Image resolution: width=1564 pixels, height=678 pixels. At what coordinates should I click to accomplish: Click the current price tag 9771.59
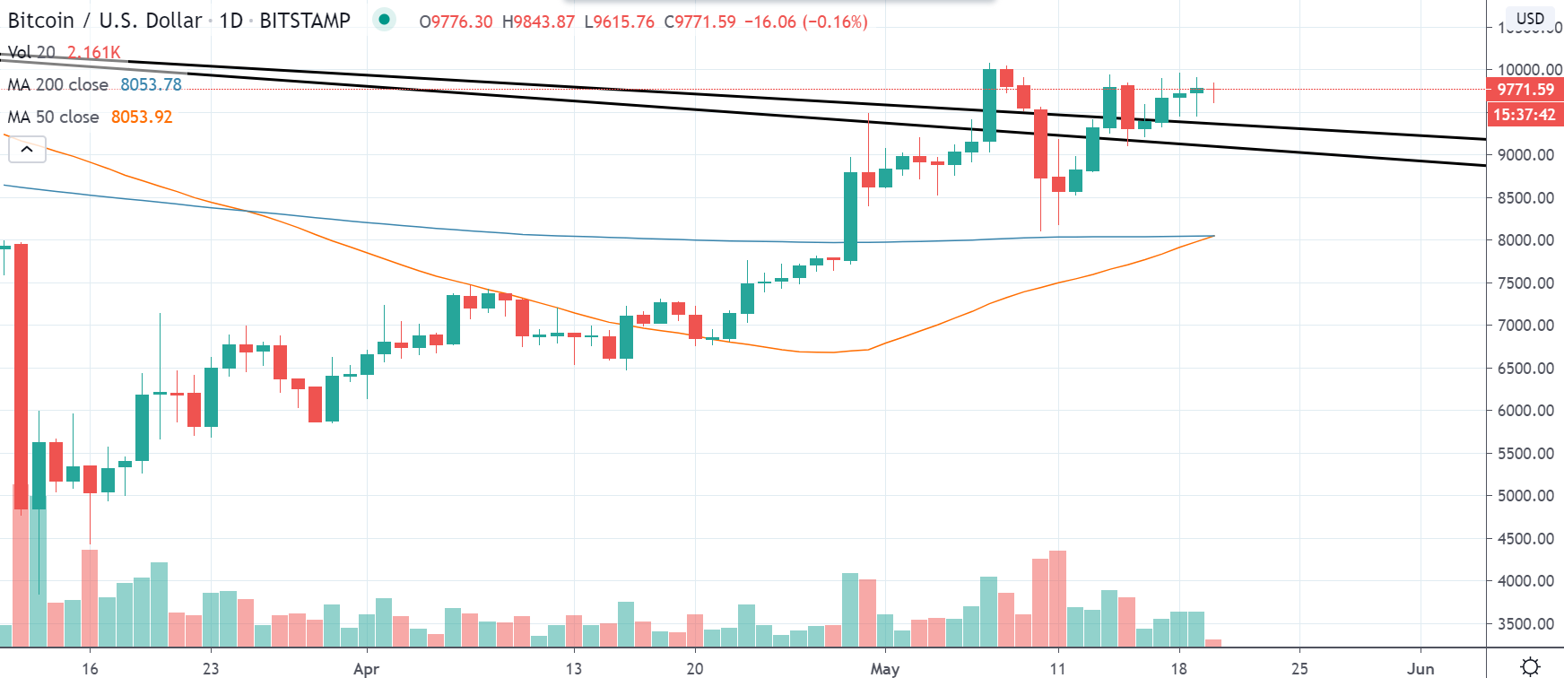coord(1525,89)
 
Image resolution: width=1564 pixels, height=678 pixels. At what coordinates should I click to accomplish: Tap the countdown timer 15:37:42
coord(1525,115)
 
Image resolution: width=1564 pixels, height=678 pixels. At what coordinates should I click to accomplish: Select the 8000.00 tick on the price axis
coord(1525,240)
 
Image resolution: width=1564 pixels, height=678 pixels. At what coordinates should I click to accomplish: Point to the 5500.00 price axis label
coord(1525,454)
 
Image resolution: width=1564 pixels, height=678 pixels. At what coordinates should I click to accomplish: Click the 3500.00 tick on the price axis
coord(1525,624)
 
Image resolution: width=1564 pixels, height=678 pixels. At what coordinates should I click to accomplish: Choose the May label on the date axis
coord(885,669)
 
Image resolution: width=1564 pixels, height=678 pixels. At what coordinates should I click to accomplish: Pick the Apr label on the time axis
coord(366,669)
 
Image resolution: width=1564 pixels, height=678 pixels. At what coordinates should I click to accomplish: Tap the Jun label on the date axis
coord(1421,669)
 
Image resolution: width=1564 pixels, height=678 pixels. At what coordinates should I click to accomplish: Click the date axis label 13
coord(574,669)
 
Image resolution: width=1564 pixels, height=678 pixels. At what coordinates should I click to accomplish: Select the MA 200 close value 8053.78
coord(151,84)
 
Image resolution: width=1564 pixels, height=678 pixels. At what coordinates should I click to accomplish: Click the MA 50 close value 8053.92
coord(142,117)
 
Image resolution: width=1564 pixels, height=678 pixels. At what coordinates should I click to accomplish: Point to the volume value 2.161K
coord(93,52)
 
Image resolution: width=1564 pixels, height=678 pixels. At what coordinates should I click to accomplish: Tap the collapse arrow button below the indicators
coord(27,150)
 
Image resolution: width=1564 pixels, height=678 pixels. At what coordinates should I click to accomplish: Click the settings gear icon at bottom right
coord(1531,666)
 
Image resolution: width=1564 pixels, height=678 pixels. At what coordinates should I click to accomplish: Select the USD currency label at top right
coord(1530,18)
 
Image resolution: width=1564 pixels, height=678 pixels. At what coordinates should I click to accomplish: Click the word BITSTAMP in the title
coord(305,21)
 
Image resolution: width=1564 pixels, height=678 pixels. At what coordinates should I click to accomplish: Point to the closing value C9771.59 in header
coord(699,22)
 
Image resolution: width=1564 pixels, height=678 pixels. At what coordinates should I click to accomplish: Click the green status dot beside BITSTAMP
coord(385,20)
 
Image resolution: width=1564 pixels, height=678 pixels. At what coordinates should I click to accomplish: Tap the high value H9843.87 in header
coord(538,22)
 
